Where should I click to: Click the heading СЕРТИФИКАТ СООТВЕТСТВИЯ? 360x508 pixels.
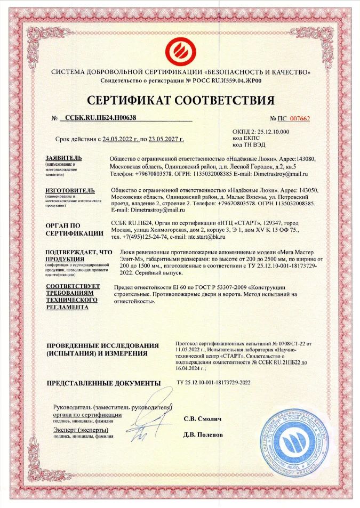(x=180, y=100)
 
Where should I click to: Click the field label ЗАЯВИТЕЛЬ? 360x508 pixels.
(x=64, y=158)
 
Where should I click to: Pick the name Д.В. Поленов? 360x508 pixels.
(x=203, y=434)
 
